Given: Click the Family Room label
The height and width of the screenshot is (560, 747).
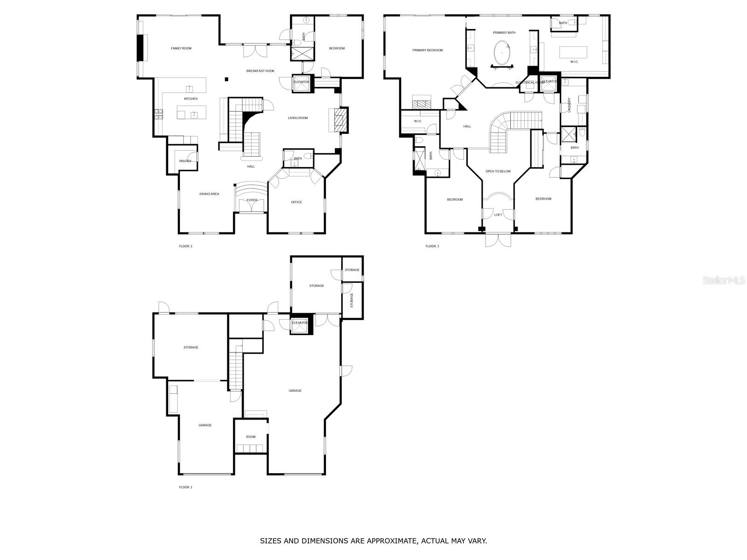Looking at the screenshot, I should point(181,49).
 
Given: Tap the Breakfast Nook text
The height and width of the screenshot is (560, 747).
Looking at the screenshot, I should point(260,71).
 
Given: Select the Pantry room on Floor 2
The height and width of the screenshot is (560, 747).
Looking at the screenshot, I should point(185,161).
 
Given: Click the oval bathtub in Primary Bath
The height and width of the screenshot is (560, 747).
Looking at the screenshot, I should point(501,53).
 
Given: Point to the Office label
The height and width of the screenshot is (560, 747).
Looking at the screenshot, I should point(296,202).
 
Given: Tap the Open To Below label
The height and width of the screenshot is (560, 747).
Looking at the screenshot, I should point(498,171).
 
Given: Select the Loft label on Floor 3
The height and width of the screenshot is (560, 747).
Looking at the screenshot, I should point(498,215).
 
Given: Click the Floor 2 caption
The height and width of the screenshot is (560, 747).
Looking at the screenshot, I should point(185,246).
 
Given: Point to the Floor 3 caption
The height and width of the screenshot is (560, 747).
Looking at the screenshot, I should point(432,246).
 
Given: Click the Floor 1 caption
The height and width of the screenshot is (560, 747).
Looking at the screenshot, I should point(185,487).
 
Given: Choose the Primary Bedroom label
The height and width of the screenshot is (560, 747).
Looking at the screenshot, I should point(428,50).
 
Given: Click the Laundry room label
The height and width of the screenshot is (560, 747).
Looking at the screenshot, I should point(570,105).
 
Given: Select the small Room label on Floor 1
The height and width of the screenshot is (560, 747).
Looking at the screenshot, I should point(251,437).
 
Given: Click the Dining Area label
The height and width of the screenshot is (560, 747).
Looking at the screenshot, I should point(209,194).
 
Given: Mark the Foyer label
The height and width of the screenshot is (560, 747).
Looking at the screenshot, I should point(252,200).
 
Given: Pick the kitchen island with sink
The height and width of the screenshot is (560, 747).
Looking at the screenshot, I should point(192,112).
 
